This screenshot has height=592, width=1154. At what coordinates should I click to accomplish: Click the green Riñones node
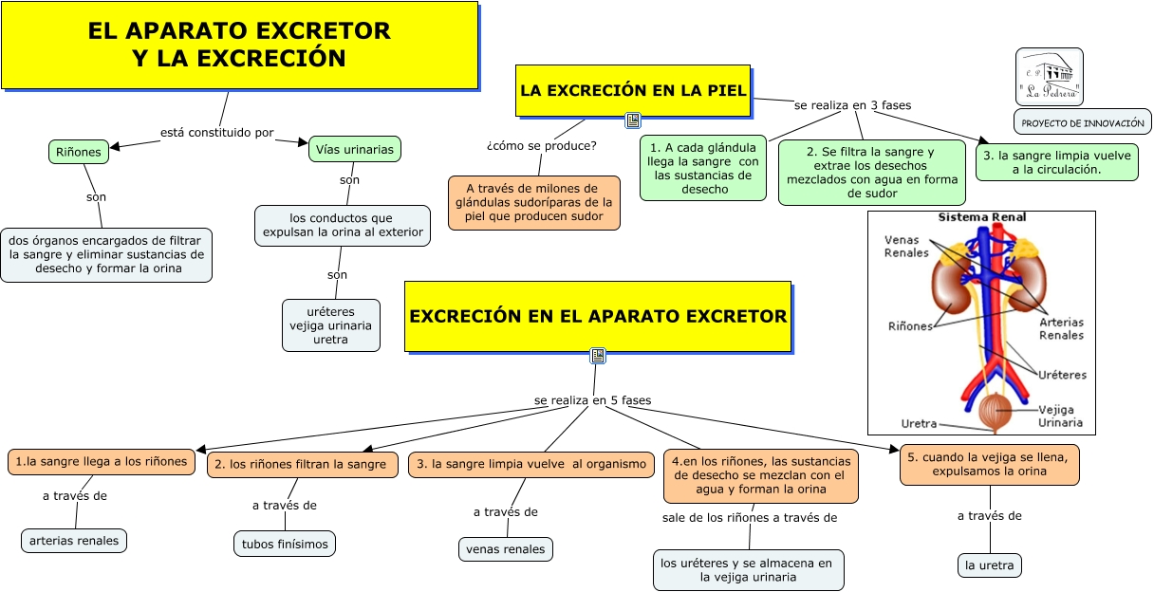coord(78,152)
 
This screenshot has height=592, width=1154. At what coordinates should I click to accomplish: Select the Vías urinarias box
coord(354,149)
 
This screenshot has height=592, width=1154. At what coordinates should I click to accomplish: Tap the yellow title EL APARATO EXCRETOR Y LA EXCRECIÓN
coord(239,45)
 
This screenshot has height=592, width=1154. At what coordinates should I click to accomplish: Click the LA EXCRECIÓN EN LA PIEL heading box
coord(633,90)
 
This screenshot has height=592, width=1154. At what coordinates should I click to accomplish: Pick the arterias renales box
coord(74,541)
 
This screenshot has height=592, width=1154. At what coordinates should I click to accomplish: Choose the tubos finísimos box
coord(285,544)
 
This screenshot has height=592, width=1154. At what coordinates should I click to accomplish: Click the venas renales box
coord(505,548)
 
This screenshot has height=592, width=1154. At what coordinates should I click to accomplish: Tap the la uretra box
coord(990,565)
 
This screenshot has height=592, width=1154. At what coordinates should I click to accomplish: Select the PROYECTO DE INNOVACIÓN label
coord(1083,123)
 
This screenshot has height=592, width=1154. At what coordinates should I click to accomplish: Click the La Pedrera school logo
coord(1049,76)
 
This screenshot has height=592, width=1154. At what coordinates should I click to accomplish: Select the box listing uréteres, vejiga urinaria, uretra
coord(331,325)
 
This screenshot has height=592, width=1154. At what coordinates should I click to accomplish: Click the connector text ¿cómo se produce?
coord(541,145)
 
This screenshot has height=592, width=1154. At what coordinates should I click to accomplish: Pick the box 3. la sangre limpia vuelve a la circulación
coord(1056,161)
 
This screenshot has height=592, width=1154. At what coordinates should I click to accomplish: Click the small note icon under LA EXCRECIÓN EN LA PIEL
coord(634,120)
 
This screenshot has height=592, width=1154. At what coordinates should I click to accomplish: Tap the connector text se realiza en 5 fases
coord(592,400)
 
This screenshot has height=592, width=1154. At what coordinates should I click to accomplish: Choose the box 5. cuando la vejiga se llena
coord(990,464)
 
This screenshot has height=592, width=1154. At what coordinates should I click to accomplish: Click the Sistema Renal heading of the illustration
coord(981,217)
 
